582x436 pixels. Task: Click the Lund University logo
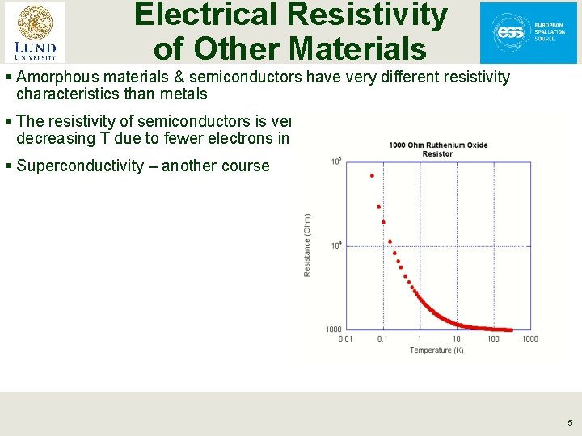point(35,31)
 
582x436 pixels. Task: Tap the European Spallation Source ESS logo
point(529,32)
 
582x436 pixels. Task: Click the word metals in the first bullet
point(186,94)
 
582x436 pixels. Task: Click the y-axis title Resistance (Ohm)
point(307,245)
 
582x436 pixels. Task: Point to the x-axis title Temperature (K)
point(436,350)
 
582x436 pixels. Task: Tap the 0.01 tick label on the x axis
point(345,338)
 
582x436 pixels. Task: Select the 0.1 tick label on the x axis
point(382,338)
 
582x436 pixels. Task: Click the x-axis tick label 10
point(457,338)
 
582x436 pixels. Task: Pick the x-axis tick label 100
point(493,338)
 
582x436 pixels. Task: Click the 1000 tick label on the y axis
point(333,329)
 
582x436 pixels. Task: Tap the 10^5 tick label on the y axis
point(335,161)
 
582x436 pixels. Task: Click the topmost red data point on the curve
point(372,175)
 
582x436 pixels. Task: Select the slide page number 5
point(569,422)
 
